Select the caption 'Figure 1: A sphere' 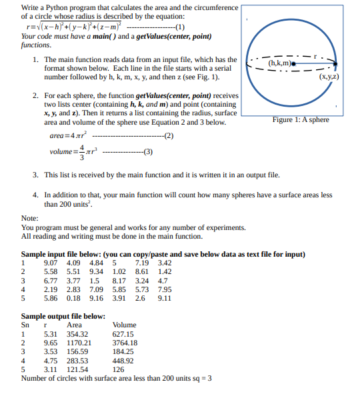pos(301,119)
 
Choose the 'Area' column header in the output pos(74,325)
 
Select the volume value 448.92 pos(123,361)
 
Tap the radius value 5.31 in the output pos(51,334)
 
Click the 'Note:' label pos(29,219)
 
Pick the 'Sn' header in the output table pos(26,325)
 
